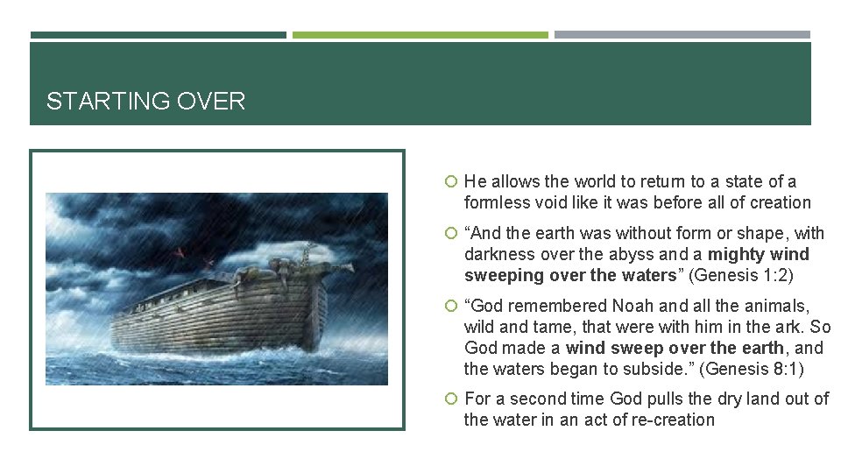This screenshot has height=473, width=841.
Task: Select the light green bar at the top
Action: click(420, 35)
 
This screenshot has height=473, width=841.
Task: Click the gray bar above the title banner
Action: click(682, 35)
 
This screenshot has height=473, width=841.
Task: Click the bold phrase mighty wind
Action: click(759, 255)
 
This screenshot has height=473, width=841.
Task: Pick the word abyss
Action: click(627, 255)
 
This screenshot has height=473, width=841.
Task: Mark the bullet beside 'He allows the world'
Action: click(450, 182)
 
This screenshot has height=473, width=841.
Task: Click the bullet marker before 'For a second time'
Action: click(450, 399)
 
